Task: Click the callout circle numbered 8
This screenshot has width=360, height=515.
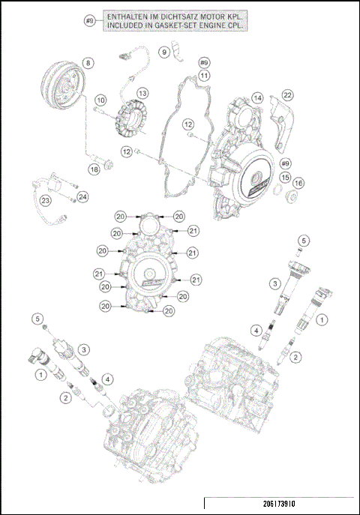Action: [88, 63]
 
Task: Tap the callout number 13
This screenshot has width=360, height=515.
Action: [142, 93]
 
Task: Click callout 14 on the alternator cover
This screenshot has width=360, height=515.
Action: [257, 98]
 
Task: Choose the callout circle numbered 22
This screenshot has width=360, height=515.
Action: [287, 94]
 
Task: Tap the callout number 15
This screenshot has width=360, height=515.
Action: [285, 177]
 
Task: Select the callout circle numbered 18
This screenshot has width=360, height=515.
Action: [94, 169]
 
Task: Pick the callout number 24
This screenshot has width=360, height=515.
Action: [83, 197]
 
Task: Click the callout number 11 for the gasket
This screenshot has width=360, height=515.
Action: [204, 75]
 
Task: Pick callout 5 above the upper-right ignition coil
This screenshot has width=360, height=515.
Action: [303, 240]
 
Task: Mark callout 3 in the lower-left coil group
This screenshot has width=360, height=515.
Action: [85, 349]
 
